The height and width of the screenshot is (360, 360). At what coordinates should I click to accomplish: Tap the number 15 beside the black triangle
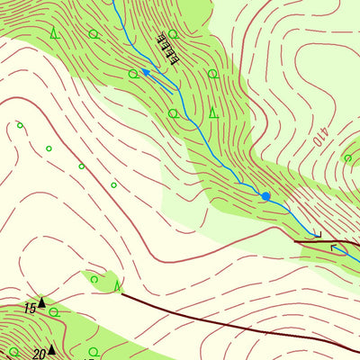point(30,309)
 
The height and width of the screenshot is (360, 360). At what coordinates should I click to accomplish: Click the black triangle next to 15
point(41,303)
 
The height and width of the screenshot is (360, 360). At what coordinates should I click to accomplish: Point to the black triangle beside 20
point(51,349)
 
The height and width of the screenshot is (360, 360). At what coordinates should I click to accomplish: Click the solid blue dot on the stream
point(265,196)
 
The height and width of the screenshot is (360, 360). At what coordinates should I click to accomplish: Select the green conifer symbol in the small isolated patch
point(118,286)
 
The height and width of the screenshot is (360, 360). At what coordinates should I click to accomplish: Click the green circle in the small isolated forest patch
point(94,280)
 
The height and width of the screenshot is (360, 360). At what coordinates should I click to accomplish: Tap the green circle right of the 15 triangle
point(55,311)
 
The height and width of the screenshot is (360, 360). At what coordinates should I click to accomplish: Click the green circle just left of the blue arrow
point(133,74)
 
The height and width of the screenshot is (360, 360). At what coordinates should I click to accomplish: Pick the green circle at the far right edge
point(347,158)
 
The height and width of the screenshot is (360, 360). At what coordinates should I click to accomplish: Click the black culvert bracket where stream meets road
point(316,234)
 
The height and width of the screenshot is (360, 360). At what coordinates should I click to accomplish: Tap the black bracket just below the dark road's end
point(335,247)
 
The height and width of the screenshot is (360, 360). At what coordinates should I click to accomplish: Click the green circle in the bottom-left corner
point(13,352)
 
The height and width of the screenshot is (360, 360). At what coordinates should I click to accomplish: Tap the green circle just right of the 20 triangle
point(94,351)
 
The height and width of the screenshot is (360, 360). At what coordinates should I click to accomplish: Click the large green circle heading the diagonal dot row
point(20,126)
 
